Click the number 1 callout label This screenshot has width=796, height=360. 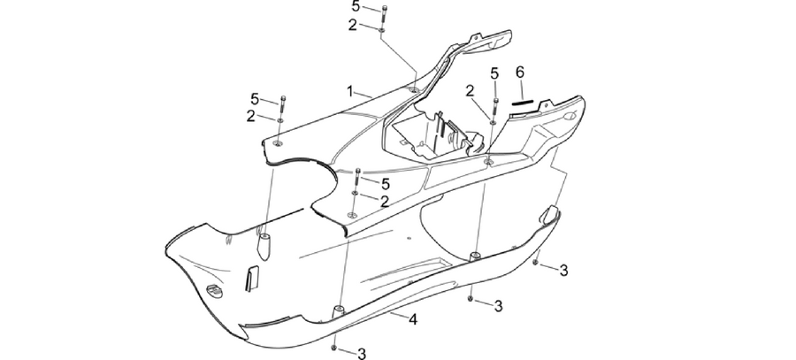349,91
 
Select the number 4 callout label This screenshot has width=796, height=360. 413,319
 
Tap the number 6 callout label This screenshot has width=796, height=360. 520,73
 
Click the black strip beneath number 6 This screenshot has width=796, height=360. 523,102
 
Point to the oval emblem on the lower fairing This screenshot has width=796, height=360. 214,290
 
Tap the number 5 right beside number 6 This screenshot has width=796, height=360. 494,73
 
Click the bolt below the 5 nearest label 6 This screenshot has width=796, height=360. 495,108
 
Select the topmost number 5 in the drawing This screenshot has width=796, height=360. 356,6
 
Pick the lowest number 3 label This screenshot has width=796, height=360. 362,354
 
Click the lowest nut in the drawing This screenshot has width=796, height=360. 333,348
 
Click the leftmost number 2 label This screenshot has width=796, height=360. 251,116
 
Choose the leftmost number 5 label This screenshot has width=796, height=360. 255,99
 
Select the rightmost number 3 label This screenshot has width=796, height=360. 563,271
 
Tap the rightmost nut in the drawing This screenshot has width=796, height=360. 536,263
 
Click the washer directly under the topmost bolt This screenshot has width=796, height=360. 381,30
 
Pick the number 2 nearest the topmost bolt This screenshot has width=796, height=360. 353,25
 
